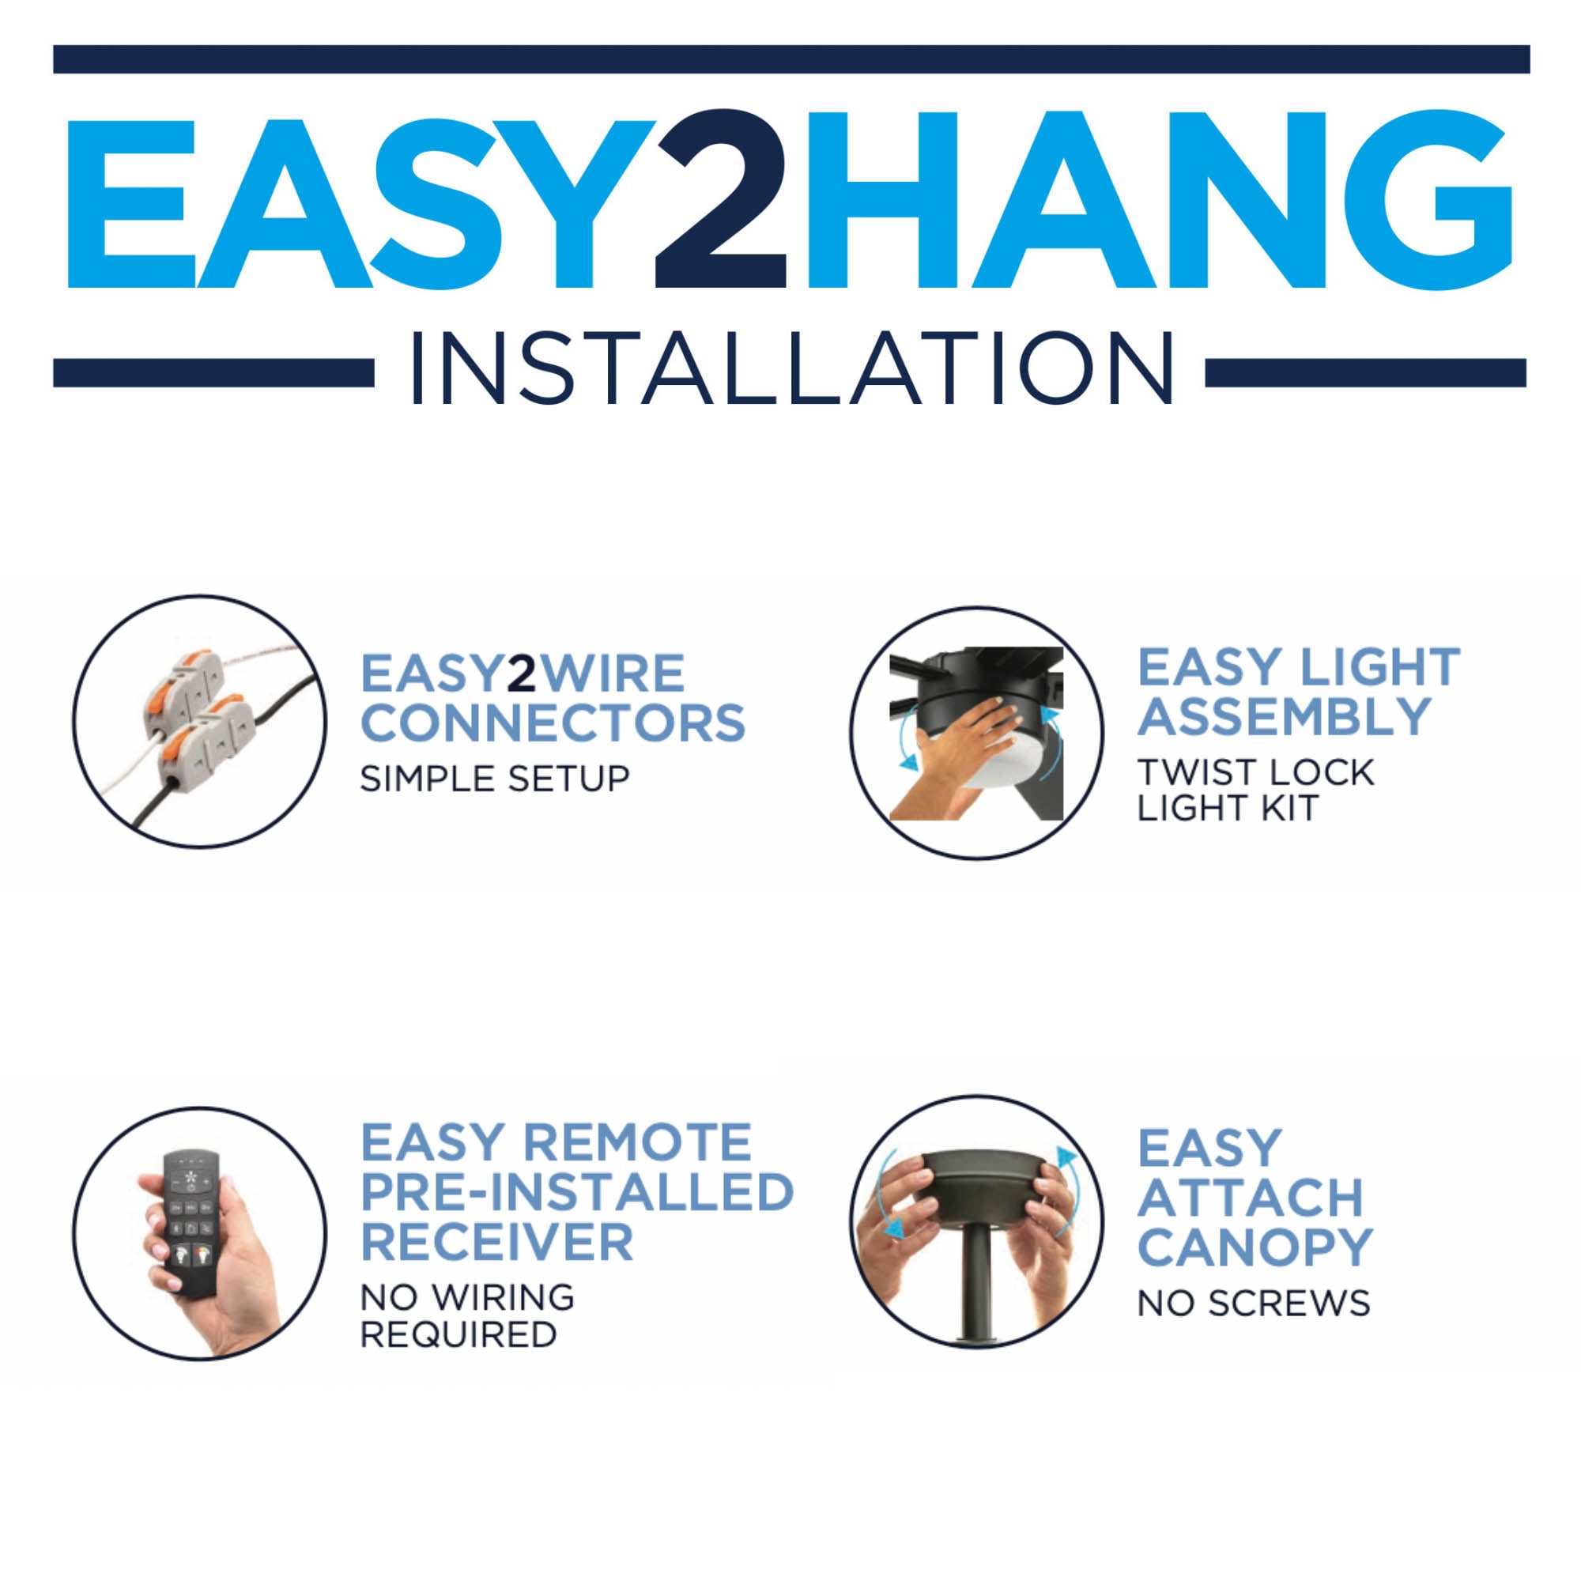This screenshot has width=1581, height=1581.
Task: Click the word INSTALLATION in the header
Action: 792,369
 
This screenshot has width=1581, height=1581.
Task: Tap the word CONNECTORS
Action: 553,723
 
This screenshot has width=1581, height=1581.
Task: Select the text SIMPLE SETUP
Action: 494,778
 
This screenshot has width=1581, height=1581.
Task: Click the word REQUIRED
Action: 459,1334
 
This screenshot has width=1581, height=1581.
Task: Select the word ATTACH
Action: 1251,1198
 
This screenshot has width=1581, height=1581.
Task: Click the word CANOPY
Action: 1255,1248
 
